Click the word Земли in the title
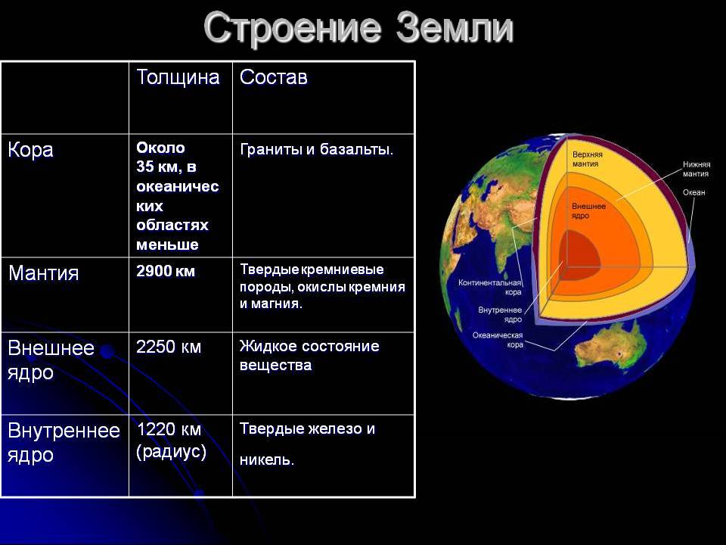coord(455,27)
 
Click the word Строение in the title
coord(293,27)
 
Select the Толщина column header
coord(178,77)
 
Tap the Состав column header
coord(274,77)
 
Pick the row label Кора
coord(30,150)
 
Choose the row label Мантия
coord(44,273)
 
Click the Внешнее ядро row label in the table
coord(51,360)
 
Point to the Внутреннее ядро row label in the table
coord(64,443)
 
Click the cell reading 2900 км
coord(166,271)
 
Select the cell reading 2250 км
coord(169,347)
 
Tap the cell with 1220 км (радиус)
coord(172,441)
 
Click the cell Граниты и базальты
coord(317,150)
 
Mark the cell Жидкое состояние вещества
coord(309,356)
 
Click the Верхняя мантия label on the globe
coord(587,159)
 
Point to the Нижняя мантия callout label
coord(696,169)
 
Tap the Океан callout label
coord(693,192)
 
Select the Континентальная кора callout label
coord(490,288)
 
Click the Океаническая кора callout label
coord(498,340)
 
